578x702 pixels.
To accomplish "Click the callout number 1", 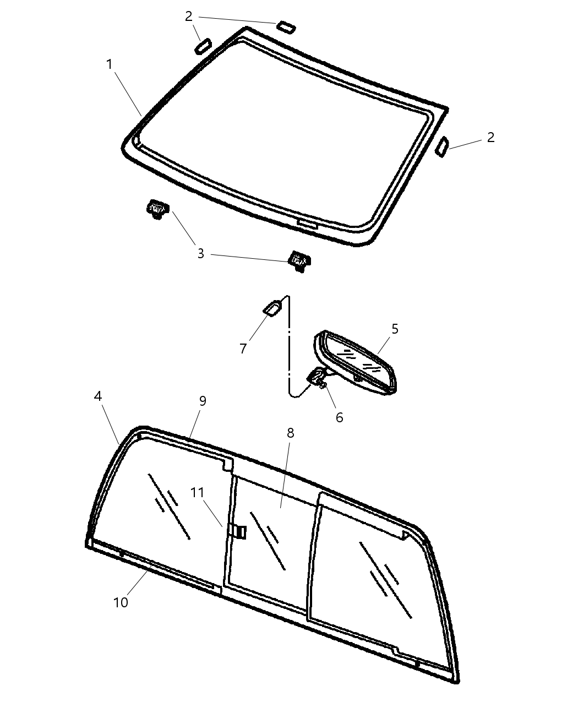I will (110, 64).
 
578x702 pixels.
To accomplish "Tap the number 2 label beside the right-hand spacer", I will (490, 137).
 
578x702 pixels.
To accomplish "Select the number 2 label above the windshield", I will (189, 17).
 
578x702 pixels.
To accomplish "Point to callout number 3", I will (201, 254).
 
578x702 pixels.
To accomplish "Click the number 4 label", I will (98, 396).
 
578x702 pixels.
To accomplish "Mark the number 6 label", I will (339, 417).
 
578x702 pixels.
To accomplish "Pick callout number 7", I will (243, 349).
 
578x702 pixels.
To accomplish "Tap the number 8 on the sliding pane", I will (290, 433).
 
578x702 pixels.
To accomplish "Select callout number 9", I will (203, 401).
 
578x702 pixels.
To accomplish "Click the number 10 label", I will (121, 602).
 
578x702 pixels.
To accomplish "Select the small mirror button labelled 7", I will (273, 308).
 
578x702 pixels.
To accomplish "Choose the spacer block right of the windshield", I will (442, 148).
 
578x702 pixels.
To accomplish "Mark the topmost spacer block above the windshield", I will (286, 26).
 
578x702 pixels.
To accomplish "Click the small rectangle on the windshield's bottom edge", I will (306, 223).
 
